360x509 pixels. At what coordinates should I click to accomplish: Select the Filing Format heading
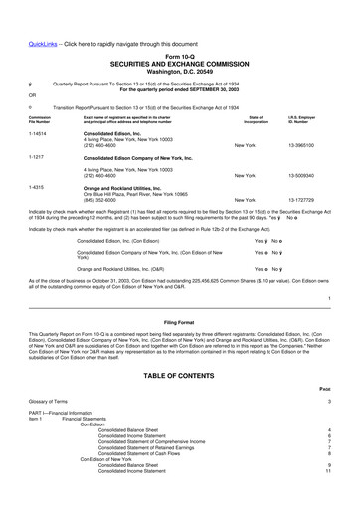click(179, 295)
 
